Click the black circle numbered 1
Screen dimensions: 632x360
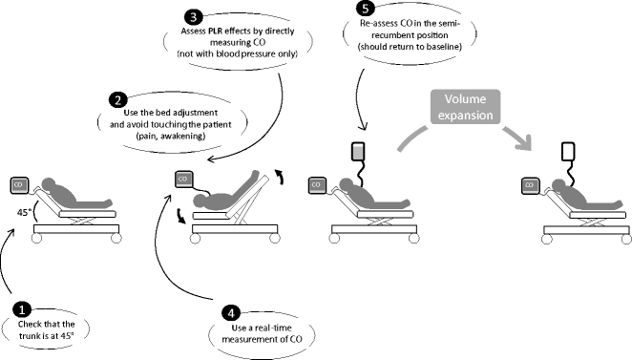point(22,309)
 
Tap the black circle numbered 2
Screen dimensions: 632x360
point(117,100)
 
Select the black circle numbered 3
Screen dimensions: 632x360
point(193,17)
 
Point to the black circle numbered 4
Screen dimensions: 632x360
point(231,313)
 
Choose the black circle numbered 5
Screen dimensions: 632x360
point(366,9)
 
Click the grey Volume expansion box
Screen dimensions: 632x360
point(466,107)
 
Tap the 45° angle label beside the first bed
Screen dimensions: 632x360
point(24,212)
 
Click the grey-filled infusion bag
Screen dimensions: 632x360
point(358,152)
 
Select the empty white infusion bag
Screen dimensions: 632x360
point(568,152)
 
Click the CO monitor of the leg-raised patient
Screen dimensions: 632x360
point(184,180)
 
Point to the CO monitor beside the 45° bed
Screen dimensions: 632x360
point(18,185)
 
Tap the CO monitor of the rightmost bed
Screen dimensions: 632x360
point(530,185)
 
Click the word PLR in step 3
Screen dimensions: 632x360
point(215,32)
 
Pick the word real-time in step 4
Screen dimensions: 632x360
point(272,328)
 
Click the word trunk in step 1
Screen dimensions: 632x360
point(30,335)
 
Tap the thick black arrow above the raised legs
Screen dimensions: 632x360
point(279,177)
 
